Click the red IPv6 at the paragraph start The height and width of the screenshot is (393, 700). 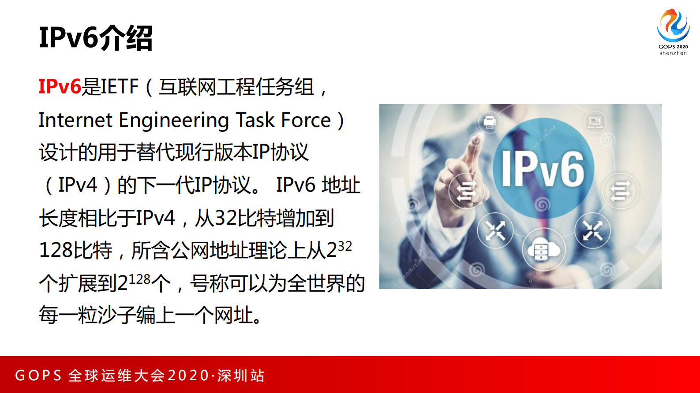coord(60,87)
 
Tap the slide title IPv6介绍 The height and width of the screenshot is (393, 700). coord(96,38)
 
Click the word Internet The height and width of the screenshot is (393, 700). coord(75,120)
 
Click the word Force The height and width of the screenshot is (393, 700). coord(306,120)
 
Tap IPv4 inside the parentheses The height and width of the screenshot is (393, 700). coord(78,185)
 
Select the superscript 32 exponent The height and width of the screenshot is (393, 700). coord(344,246)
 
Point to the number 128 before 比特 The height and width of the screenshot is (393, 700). coord(53,250)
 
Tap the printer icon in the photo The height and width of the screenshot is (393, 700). coord(490,122)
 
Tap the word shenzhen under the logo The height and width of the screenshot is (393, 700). coord(673,53)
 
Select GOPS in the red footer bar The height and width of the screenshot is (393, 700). coord(38,375)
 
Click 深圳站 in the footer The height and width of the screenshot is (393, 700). coord(241,375)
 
